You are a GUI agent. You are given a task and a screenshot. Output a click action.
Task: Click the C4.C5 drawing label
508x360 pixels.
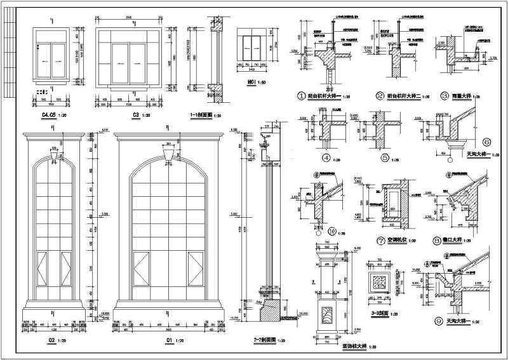coord(48,114)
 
